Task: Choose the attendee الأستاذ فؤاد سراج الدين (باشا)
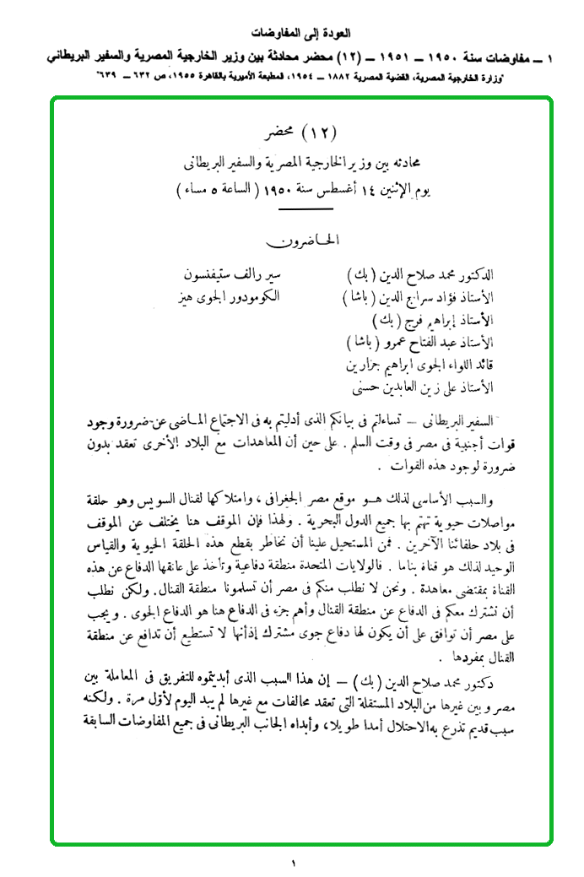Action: pos(419,299)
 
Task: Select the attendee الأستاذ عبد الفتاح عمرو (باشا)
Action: pos(419,343)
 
